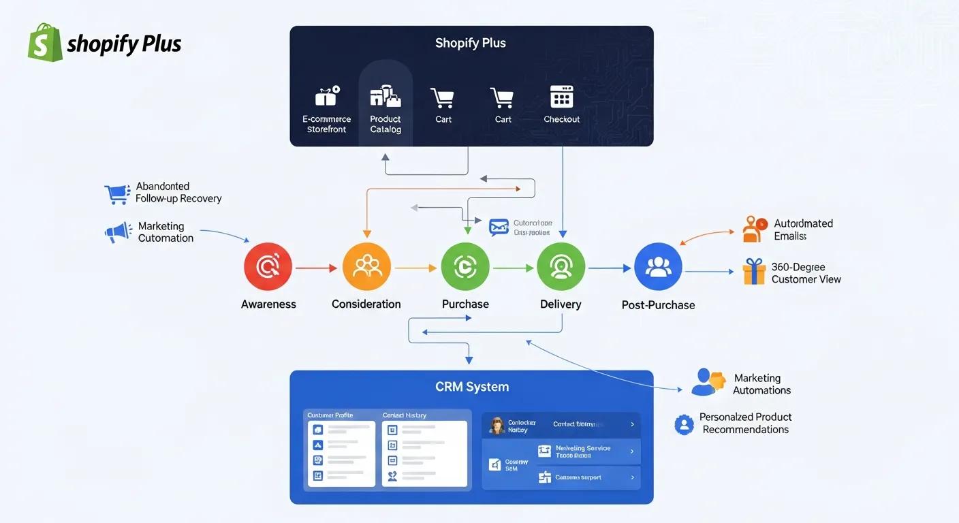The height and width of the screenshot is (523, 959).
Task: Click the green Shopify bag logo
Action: tap(45, 42)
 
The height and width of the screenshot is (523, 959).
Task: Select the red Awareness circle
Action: tap(268, 268)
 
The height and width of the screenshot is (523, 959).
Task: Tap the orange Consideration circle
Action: tap(366, 268)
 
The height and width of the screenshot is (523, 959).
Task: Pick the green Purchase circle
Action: tap(465, 268)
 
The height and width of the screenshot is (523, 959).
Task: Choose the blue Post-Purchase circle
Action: tap(658, 268)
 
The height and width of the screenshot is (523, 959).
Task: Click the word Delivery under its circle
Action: tap(561, 304)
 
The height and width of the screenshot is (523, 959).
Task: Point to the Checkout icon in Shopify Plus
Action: tap(561, 97)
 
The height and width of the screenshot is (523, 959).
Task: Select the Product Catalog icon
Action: tap(386, 97)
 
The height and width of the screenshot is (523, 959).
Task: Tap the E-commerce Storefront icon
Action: tap(326, 97)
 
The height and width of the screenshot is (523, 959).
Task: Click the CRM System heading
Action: tap(471, 387)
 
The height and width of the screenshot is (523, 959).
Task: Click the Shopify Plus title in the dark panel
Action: tap(471, 43)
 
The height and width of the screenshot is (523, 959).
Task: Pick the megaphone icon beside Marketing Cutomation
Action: tap(118, 232)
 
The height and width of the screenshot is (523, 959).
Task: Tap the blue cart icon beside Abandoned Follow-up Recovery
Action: tap(116, 194)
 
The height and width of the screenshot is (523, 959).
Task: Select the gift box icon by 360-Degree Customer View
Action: tap(754, 272)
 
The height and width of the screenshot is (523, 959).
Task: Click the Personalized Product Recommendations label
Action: tap(745, 423)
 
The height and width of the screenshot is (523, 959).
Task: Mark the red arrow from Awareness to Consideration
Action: tap(317, 268)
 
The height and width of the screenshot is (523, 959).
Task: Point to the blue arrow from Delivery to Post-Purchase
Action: tap(610, 268)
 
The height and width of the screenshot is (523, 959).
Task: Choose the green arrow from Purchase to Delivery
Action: tap(513, 268)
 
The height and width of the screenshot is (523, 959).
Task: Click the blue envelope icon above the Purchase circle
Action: tap(499, 227)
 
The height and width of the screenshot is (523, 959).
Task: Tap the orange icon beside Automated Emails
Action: tap(753, 229)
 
